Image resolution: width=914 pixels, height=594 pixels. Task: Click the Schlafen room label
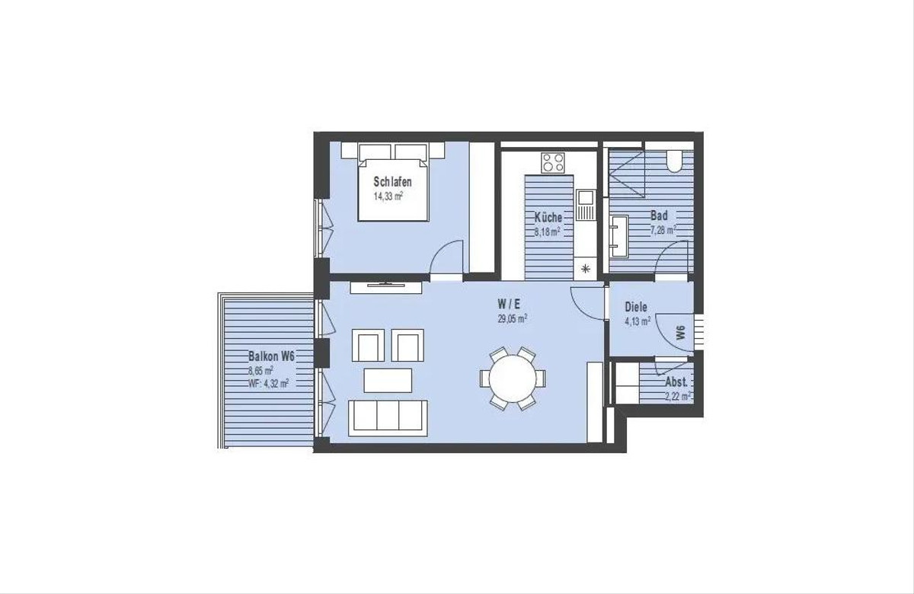[392, 181]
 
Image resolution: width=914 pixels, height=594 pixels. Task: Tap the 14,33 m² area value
[388, 196]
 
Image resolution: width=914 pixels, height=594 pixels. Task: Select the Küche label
[548, 217]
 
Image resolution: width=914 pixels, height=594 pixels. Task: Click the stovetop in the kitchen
[553, 162]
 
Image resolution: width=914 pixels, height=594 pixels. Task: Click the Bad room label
[660, 215]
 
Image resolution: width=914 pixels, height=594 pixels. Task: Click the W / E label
[509, 304]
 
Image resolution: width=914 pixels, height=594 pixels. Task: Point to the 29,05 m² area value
[512, 318]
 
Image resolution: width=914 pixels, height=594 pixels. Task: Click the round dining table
[513, 378]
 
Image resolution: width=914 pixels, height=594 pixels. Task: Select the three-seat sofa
[388, 418]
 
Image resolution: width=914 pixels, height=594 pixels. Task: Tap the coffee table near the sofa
[388, 380]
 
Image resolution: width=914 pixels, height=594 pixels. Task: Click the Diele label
[636, 307]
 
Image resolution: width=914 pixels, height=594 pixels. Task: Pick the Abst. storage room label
[676, 382]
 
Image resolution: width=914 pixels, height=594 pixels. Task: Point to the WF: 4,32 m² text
[268, 383]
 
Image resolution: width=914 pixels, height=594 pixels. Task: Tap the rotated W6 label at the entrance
[679, 333]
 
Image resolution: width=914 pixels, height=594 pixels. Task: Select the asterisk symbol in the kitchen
[586, 268]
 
